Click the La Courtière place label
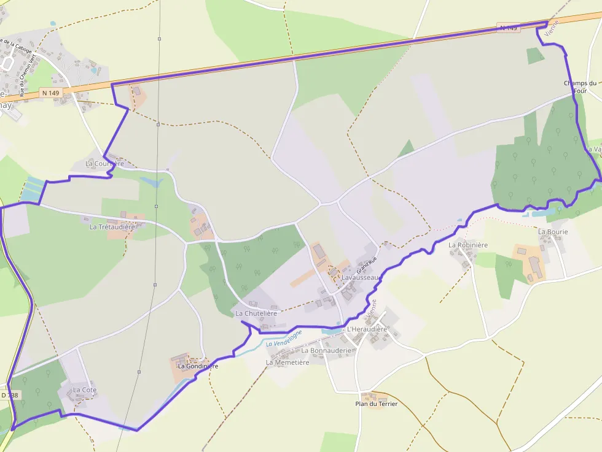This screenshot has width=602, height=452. coord(104,164)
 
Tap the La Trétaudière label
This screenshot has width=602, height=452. coord(112,227)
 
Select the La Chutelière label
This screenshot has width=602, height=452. coord(257,313)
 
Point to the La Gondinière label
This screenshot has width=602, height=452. coord(198,366)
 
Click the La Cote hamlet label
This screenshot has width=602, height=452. coord(85,390)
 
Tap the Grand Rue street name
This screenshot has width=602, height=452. coord(365,267)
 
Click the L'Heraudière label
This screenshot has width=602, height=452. coord(367,329)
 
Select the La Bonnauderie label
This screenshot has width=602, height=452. coord(326,351)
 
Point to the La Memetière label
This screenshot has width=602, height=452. coord(287,362)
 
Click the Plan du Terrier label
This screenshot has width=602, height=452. coord(377,404)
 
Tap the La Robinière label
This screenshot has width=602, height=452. coord(468,245)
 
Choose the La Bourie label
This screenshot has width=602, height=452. coord(553,232)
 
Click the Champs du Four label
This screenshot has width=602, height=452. coord(580,87)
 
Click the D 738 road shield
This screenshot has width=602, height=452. coord(9,396)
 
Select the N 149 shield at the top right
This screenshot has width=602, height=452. coord(508,28)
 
